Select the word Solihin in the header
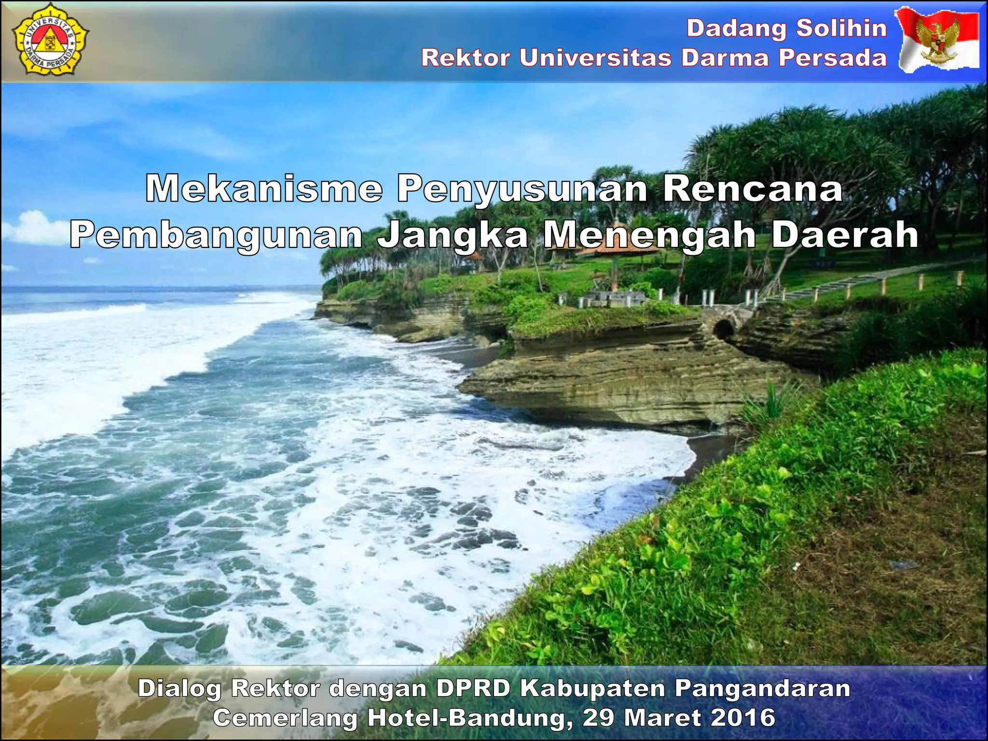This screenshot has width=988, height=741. [841, 28]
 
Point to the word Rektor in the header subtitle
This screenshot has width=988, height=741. [466, 58]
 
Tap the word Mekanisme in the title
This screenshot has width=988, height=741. [264, 189]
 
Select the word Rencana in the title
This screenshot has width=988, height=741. [753, 189]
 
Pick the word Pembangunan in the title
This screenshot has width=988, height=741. [216, 235]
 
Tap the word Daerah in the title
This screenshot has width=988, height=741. [844, 234]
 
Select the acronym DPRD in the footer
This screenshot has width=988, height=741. [473, 688]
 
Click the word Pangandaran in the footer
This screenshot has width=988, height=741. [762, 689]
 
